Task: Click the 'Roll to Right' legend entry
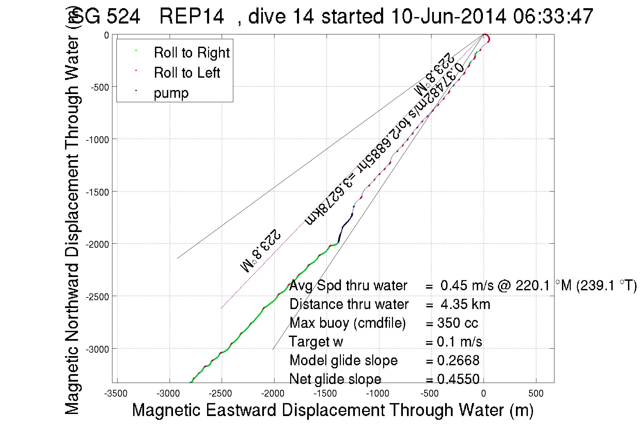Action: [x=191, y=53]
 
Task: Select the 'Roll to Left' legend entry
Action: [x=187, y=73]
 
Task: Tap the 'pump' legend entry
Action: [x=171, y=93]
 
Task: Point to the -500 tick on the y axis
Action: [x=100, y=87]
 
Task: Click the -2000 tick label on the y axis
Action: [x=97, y=244]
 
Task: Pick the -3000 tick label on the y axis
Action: [x=97, y=349]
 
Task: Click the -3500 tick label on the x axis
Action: [x=116, y=394]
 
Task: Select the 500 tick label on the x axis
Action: [x=536, y=394]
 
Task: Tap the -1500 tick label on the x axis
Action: [x=325, y=394]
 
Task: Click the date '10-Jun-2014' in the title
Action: [x=449, y=16]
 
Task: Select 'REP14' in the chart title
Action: [x=191, y=16]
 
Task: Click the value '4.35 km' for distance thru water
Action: [x=465, y=304]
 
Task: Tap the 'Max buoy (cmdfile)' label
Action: [x=347, y=323]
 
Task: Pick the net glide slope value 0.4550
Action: [x=458, y=379]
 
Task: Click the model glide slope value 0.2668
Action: [x=458, y=360]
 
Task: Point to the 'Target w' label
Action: [x=316, y=342]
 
